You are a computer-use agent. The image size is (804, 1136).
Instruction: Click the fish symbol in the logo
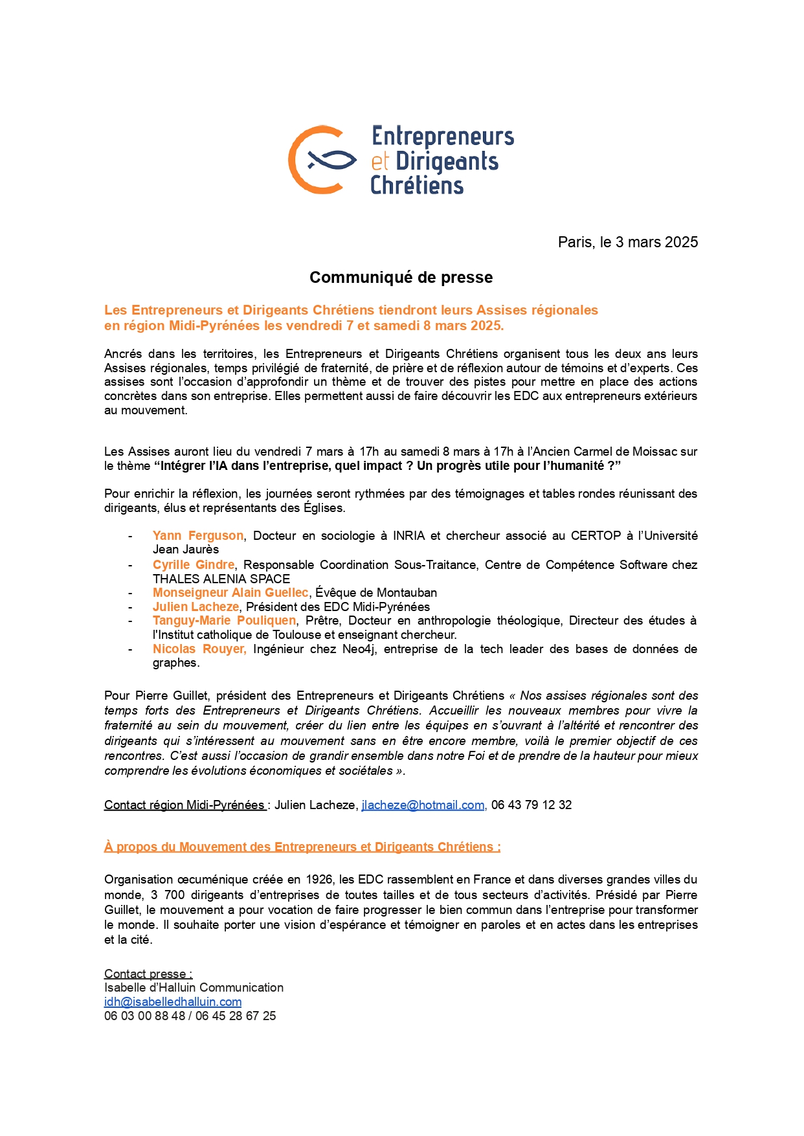pyautogui.click(x=331, y=159)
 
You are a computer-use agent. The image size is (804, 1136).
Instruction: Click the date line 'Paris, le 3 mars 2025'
pyautogui.click(x=627, y=242)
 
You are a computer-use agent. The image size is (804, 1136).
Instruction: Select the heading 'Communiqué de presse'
pyautogui.click(x=401, y=277)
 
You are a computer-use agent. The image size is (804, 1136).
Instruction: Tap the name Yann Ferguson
pyautogui.click(x=198, y=535)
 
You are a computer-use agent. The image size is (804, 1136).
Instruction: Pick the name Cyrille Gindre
pyautogui.click(x=194, y=564)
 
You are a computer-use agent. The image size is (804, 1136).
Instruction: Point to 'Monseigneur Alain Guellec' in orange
pyautogui.click(x=230, y=592)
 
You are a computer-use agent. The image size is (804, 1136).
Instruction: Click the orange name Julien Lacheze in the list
pyautogui.click(x=195, y=607)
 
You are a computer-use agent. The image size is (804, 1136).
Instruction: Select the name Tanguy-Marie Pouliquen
pyautogui.click(x=224, y=620)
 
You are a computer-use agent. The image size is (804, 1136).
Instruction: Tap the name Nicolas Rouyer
pyautogui.click(x=199, y=649)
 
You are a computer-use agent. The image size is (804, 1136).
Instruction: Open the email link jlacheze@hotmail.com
pyautogui.click(x=423, y=805)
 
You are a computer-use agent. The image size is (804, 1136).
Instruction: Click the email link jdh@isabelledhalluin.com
pyautogui.click(x=173, y=1001)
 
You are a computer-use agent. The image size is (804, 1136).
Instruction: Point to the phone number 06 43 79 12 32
pyautogui.click(x=531, y=805)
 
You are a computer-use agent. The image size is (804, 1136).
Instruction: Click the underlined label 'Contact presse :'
pyautogui.click(x=148, y=974)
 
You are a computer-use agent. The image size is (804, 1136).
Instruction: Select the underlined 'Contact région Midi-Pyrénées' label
pyautogui.click(x=184, y=805)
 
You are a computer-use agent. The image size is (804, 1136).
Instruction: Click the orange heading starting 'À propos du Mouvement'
pyautogui.click(x=302, y=847)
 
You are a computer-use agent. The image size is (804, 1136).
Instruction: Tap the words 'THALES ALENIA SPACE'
pyautogui.click(x=221, y=579)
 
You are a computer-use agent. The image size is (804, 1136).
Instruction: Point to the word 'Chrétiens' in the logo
pyautogui.click(x=417, y=186)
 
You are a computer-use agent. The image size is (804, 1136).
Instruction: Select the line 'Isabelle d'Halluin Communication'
pyautogui.click(x=194, y=987)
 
